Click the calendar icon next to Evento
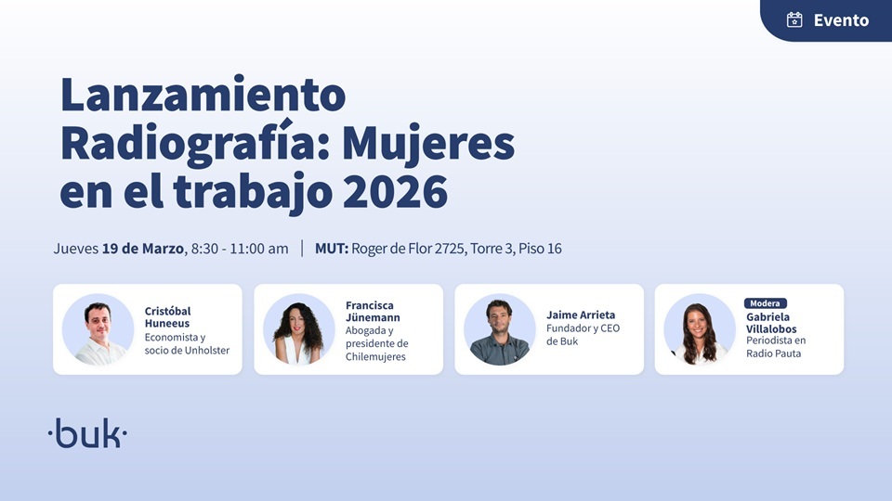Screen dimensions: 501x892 tap(794, 19)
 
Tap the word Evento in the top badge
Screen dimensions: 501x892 tap(841, 19)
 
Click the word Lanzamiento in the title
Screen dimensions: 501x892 tap(203, 95)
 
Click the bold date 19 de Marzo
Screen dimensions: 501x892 tap(144, 249)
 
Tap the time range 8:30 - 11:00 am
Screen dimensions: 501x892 tap(240, 249)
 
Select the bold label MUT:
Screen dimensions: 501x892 tap(332, 249)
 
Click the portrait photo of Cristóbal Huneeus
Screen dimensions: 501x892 tap(98, 329)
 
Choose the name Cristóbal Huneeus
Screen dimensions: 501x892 tap(167, 317)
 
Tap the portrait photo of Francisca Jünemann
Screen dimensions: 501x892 tap(298, 329)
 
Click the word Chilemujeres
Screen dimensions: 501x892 tap(375, 356)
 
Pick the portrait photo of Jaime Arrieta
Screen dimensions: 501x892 tap(499, 329)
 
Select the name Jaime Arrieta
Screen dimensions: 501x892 tap(581, 315)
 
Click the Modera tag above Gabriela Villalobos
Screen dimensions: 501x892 tap(766, 303)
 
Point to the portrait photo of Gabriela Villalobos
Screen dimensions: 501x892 tap(700, 329)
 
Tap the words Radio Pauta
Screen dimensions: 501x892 tap(776, 353)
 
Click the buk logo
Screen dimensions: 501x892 tap(87, 433)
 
